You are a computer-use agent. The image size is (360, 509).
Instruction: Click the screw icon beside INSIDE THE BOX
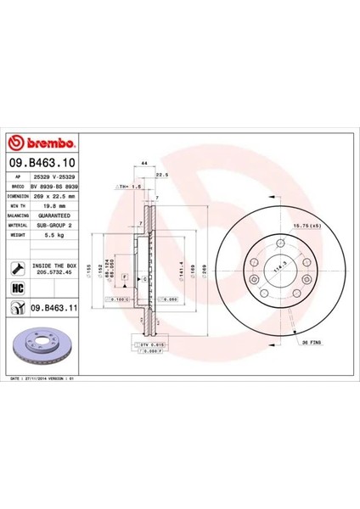pyautogui.click(x=17, y=267)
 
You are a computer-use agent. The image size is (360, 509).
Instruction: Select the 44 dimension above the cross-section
pyautogui.click(x=145, y=162)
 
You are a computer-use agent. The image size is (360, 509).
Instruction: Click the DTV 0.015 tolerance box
pyautogui.click(x=146, y=344)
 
